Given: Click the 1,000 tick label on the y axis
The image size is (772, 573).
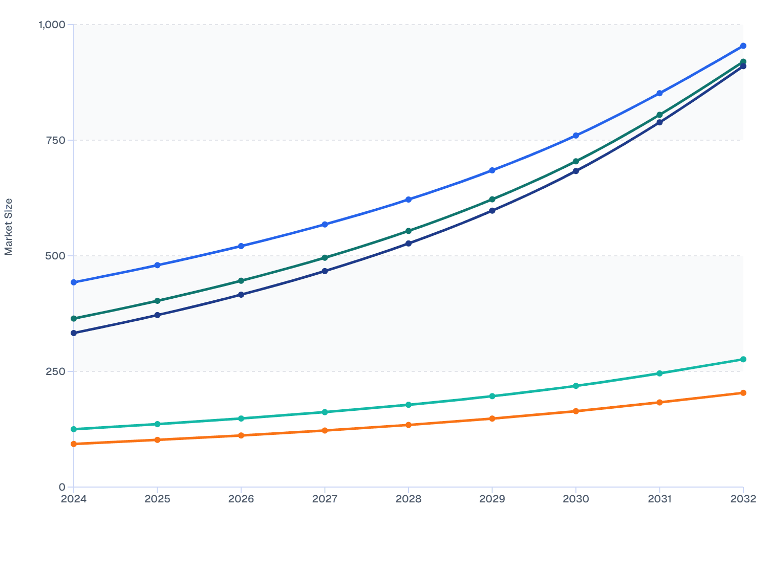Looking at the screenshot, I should click(x=52, y=25).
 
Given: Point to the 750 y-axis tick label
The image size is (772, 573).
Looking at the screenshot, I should click(x=55, y=140).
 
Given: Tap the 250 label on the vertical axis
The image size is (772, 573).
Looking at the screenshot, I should click(x=55, y=371).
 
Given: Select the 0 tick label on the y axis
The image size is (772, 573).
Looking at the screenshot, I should click(x=62, y=487).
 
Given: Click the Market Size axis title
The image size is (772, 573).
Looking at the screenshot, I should click(x=9, y=227).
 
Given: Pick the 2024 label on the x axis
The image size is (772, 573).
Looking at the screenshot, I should click(x=74, y=499).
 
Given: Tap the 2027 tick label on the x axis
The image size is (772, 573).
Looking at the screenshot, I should click(x=325, y=499).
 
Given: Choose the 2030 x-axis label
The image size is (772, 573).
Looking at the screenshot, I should click(x=576, y=499).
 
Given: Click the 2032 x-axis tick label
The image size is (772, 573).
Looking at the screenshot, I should click(x=743, y=499).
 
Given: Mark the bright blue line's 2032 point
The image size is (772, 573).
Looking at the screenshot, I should click(x=743, y=46).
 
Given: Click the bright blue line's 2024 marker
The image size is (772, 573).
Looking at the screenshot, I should click(x=74, y=282).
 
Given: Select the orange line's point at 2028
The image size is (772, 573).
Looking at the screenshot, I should click(x=409, y=425).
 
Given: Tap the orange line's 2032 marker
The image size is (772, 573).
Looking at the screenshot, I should click(x=743, y=393).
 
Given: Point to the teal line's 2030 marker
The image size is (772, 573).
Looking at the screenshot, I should click(x=576, y=386).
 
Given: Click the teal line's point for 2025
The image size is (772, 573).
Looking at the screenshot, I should click(x=158, y=424).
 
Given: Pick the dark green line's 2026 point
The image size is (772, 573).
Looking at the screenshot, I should click(x=241, y=281).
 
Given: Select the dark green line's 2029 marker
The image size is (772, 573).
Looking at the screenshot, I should click(x=492, y=199).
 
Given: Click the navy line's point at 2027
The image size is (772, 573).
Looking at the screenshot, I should click(x=325, y=271).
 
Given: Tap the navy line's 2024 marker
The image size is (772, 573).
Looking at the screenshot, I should click(x=74, y=333).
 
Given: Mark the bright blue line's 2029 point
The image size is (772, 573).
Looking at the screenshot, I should click(x=492, y=170).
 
